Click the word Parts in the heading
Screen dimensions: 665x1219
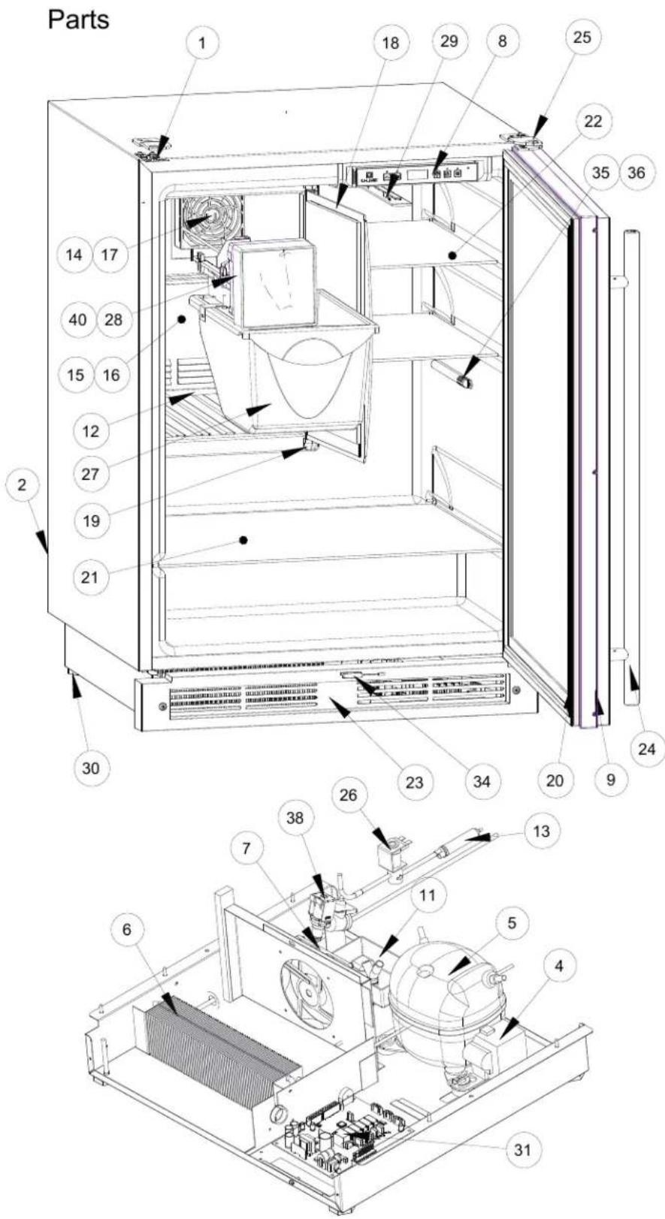(78, 20)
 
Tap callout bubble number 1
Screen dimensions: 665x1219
(202, 43)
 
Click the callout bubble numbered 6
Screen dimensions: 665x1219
(126, 930)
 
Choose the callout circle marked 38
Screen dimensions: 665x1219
(295, 818)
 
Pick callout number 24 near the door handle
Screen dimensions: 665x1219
(646, 750)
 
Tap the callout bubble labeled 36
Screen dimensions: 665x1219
(636, 173)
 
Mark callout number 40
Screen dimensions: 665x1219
(77, 319)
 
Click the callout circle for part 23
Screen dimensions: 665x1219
(415, 782)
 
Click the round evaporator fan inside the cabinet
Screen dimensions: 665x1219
(208, 222)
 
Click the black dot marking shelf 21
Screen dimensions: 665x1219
(244, 540)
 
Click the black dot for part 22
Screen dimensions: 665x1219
(452, 254)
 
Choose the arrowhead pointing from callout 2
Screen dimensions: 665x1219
(43, 542)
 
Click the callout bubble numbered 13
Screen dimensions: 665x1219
(541, 831)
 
